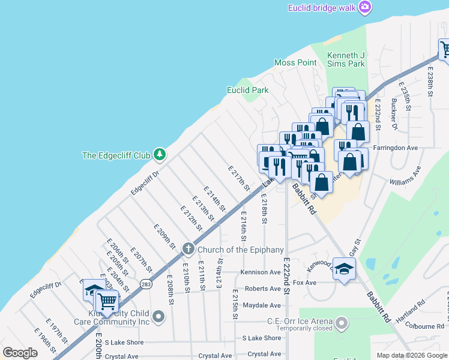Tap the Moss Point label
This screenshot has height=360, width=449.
(295, 63)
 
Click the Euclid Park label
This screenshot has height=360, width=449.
(247, 91)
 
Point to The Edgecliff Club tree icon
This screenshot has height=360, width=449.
(159, 155)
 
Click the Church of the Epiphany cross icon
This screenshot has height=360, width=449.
(188, 249)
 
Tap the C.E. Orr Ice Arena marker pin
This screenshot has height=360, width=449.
(342, 324)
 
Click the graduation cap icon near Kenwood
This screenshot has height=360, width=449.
(344, 269)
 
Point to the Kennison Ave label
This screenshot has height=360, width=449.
(261, 272)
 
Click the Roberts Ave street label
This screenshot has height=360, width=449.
(263, 289)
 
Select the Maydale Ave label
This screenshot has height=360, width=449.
(262, 305)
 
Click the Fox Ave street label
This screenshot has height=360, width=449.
(305, 283)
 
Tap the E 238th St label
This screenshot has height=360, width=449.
(430, 82)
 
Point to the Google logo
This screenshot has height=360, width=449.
(20, 353)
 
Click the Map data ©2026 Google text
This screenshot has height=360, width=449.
(411, 355)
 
